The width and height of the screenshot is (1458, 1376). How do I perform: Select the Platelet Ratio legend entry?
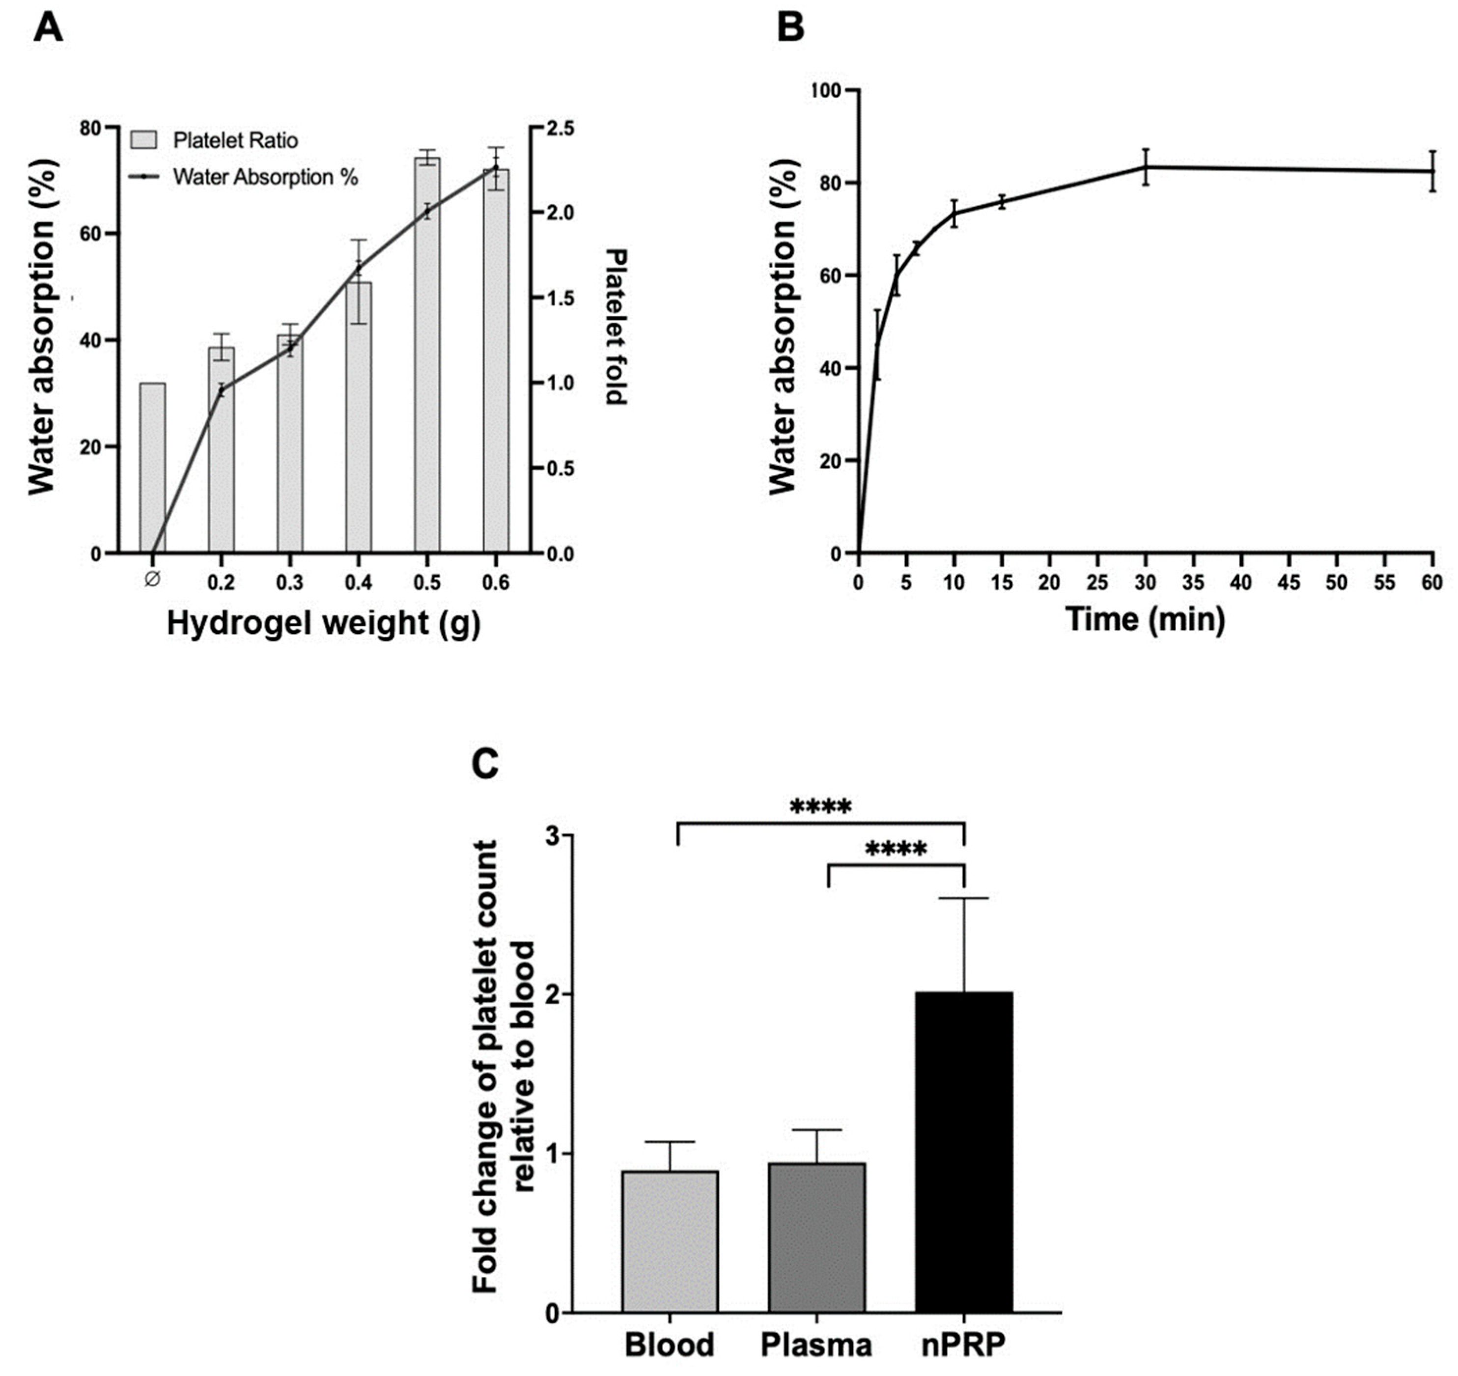[214, 140]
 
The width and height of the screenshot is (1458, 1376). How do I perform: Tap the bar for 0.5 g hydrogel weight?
[427, 355]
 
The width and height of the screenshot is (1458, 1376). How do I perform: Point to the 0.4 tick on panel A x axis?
[358, 583]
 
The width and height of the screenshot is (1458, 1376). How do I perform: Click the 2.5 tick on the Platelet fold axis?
[561, 128]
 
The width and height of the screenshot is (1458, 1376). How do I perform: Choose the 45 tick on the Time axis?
[1289, 583]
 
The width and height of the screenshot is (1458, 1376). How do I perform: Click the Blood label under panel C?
[669, 1345]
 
